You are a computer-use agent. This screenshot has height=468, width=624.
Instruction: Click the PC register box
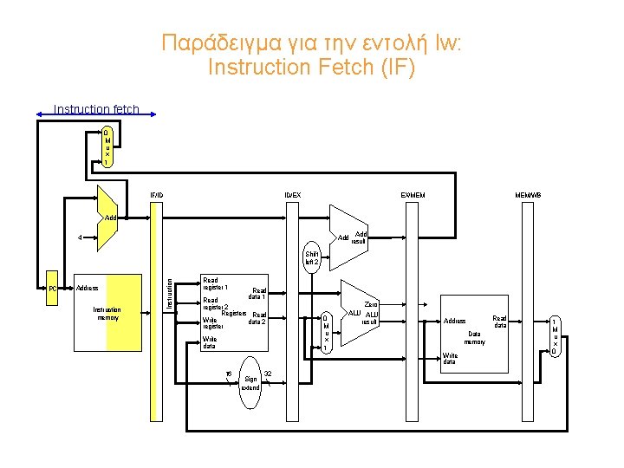(x=52, y=288)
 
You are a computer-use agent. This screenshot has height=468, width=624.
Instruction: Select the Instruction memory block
(x=107, y=313)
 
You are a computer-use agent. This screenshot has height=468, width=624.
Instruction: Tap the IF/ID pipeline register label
(x=156, y=194)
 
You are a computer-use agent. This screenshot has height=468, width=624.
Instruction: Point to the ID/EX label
(x=294, y=194)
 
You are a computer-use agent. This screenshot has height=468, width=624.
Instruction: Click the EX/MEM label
(x=413, y=194)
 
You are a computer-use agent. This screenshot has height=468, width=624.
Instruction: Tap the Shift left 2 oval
(x=311, y=258)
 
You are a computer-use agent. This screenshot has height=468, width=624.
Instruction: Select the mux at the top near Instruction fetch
(x=107, y=147)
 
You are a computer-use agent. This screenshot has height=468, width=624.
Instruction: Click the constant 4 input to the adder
(x=80, y=237)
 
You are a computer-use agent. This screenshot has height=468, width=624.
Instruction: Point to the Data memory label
(x=474, y=337)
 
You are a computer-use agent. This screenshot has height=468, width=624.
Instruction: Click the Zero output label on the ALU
(x=372, y=304)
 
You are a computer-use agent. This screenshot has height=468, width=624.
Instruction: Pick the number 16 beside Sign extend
(x=228, y=374)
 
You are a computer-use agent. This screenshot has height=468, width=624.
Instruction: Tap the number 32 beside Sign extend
(x=268, y=374)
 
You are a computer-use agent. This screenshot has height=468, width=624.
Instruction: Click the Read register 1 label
(x=215, y=283)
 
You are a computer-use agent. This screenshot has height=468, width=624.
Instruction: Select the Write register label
(x=213, y=323)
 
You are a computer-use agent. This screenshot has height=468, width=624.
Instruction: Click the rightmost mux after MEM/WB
(x=555, y=335)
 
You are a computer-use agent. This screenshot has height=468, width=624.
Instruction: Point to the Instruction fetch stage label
(x=95, y=109)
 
